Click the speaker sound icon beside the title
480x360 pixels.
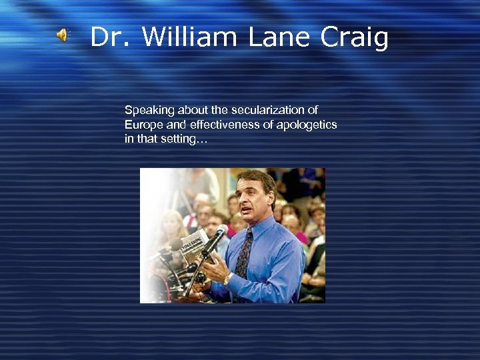[x=62, y=35]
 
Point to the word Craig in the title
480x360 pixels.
[x=354, y=38]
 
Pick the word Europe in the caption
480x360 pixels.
[x=141, y=125]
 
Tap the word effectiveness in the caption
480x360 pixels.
[x=211, y=125]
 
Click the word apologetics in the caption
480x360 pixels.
[x=307, y=125]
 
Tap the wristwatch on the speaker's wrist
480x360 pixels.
[x=228, y=279]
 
